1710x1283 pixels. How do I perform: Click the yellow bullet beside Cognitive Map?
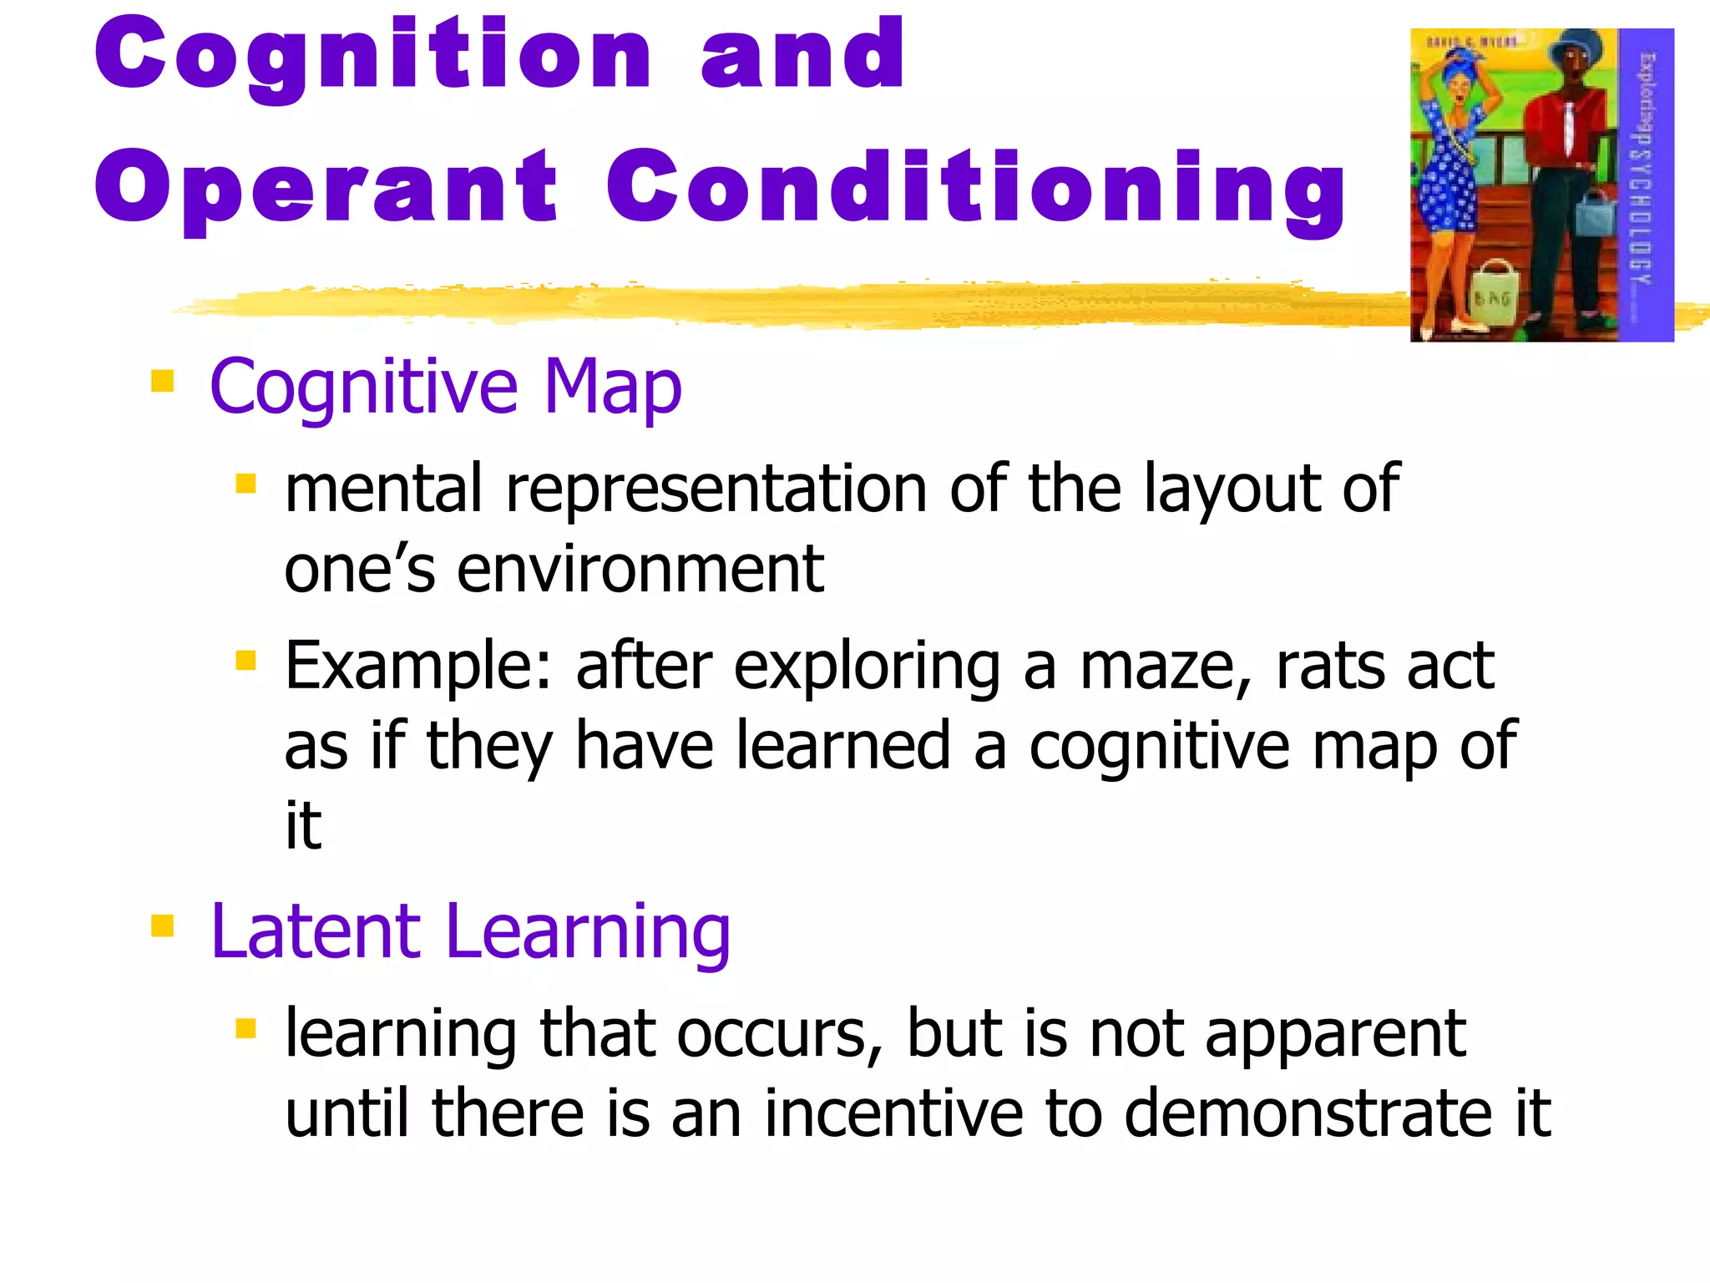[162, 382]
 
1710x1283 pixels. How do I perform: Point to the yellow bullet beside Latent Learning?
[162, 926]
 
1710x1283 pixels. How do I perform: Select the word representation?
[716, 489]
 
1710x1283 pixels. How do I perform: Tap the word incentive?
[893, 1114]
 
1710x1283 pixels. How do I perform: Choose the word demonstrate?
[1308, 1114]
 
